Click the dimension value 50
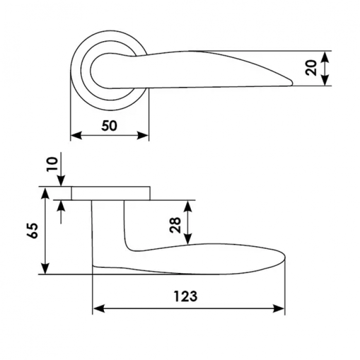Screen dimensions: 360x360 (109, 126)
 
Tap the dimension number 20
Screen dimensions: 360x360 (311, 68)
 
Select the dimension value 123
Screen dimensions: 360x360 (186, 296)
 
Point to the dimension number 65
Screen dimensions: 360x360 (32, 231)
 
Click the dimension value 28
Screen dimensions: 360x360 (175, 225)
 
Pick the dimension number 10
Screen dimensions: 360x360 (52, 164)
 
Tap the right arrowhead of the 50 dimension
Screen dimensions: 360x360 (143, 135)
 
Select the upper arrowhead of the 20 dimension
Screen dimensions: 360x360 (325, 57)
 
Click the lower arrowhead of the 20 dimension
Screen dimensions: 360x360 (325, 80)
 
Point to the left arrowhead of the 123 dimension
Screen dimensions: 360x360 (99, 309)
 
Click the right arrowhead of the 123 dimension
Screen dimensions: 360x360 (279, 309)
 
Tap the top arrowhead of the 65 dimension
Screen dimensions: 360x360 (46, 193)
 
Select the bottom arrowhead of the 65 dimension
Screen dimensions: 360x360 (46, 268)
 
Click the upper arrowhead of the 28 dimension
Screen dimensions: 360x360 (188, 207)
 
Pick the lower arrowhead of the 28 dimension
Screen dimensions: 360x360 (188, 238)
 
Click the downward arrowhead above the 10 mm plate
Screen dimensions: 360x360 (61, 181)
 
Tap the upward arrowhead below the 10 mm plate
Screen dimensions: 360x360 (61, 206)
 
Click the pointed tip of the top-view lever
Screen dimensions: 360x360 (292, 83)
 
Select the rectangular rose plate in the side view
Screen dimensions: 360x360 (111, 193)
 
